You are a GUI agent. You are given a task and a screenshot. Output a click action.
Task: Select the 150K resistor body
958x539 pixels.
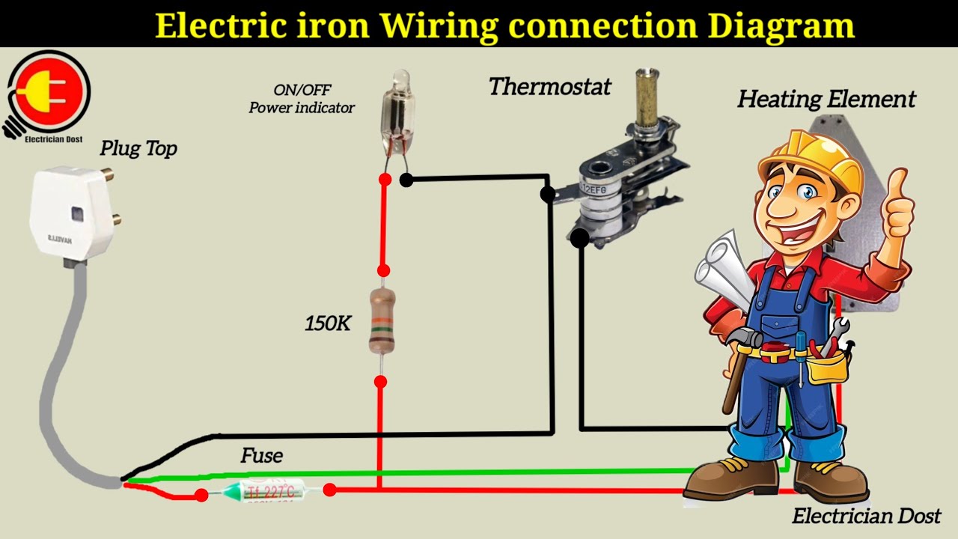382,322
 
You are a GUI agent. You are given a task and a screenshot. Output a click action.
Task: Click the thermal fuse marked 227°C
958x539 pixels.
265,493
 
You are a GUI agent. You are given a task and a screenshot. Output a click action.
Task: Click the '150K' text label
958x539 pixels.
328,323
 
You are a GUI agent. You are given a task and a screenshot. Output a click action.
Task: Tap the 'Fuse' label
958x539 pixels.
262,455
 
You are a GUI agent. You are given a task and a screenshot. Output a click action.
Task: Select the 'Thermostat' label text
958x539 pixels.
550,86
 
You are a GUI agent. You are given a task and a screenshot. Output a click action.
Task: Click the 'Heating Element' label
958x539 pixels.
827,99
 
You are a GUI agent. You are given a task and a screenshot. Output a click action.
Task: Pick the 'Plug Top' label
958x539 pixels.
138,148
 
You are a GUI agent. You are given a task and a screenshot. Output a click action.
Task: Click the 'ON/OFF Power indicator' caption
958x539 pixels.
302,99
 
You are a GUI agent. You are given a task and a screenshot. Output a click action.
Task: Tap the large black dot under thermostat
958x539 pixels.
579,239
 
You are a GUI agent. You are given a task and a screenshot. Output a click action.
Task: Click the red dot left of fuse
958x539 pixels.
201,495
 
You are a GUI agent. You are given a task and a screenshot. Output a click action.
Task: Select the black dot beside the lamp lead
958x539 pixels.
406,180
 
